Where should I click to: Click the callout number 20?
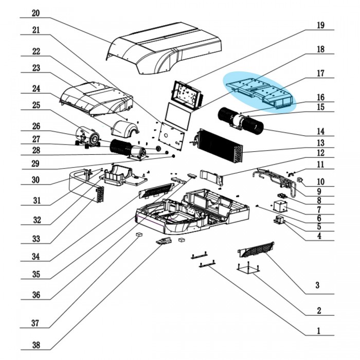[x=35, y=12]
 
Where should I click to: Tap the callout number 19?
[x=320, y=25]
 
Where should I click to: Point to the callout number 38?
[x=35, y=345]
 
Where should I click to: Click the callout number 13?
[x=320, y=142]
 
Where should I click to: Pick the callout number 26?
[x=35, y=125]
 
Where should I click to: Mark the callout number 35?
[x=35, y=274]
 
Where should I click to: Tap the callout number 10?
[x=320, y=182]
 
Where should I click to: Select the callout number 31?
[x=35, y=201]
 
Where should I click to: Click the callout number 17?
[x=320, y=74]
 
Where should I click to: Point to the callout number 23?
[x=35, y=68]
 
